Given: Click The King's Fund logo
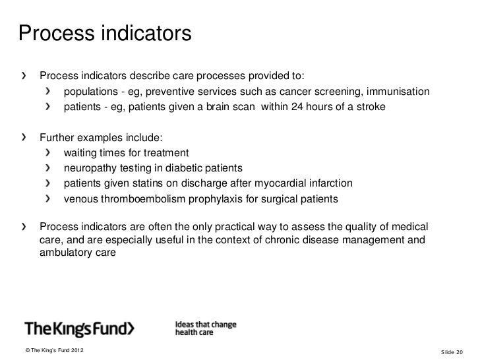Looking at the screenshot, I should pyautogui.click(x=79, y=328).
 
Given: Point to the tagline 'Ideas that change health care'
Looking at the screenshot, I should pyautogui.click(x=205, y=328).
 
